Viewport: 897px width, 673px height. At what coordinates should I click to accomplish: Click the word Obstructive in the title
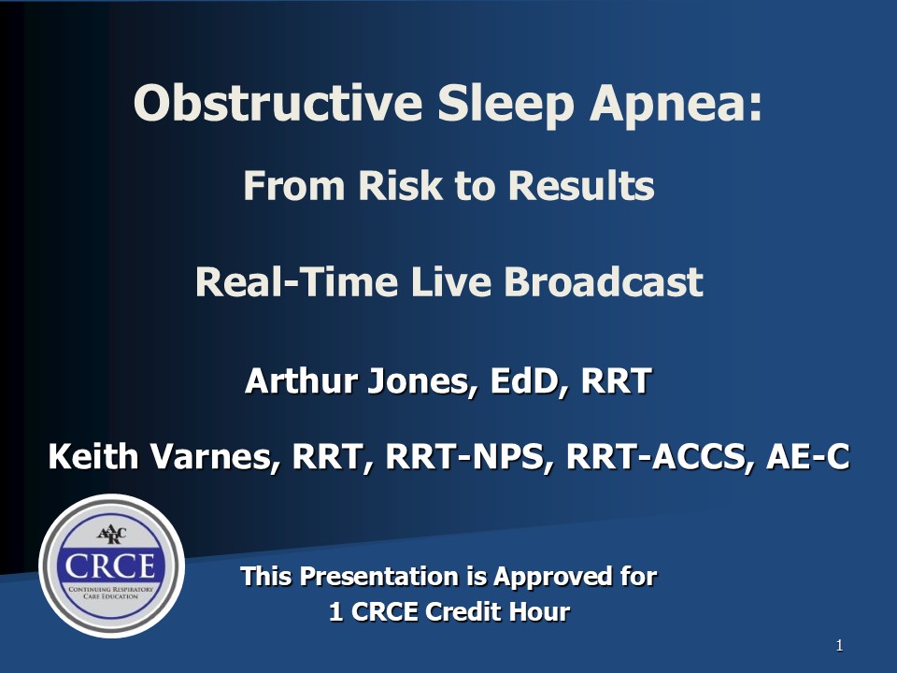pyautogui.click(x=278, y=103)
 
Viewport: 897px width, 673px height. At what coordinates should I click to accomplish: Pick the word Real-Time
pyautogui.click(x=296, y=281)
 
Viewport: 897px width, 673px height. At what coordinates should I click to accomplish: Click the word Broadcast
pyautogui.click(x=604, y=281)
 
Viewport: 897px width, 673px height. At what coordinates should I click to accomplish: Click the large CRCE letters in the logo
pyautogui.click(x=110, y=566)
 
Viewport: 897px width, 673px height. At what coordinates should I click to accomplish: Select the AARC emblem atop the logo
pyautogui.click(x=111, y=535)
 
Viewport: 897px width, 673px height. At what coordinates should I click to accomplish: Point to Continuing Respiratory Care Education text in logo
pyautogui.click(x=111, y=593)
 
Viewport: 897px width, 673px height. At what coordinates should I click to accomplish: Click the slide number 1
pyautogui.click(x=839, y=646)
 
